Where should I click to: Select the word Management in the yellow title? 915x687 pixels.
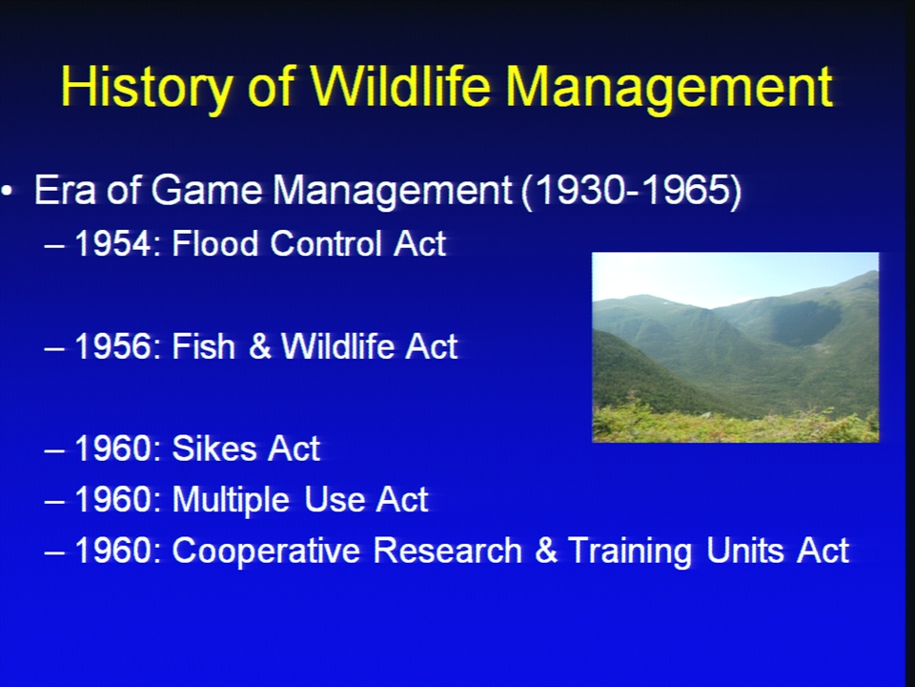tap(669, 89)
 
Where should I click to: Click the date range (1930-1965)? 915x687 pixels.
tap(631, 191)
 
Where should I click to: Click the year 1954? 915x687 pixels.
tap(113, 243)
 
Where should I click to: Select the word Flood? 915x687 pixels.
tap(214, 243)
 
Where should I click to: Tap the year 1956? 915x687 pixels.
tap(113, 346)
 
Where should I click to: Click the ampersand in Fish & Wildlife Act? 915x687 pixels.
tap(259, 346)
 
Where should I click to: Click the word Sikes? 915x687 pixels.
tap(213, 448)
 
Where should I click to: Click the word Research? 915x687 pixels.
tap(447, 551)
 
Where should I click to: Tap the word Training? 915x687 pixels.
tap(630, 552)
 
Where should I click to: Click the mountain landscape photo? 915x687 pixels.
tap(735, 347)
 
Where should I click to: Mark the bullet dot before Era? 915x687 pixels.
tap(7, 191)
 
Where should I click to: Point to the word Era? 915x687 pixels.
tap(65, 191)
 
